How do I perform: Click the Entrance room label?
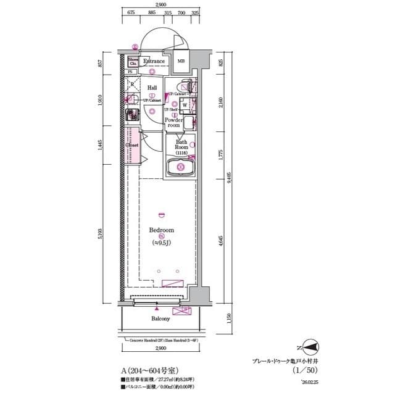154,61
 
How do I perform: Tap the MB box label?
181,61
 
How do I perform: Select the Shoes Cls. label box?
133,60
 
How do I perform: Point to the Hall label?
152,88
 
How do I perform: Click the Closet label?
131,146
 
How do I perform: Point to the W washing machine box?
185,105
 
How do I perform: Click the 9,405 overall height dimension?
228,179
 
